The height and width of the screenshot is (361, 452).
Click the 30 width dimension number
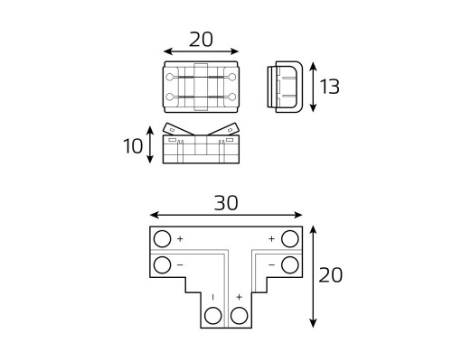pos(226,203)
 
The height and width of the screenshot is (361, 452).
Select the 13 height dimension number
pos(330,87)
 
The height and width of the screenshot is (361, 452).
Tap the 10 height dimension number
pos(133,146)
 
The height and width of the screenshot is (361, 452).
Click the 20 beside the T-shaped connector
pos(331,275)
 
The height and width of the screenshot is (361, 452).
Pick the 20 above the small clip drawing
pos(201,40)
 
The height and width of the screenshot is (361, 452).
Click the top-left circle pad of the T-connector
pos(162,239)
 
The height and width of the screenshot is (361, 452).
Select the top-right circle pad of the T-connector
pos(290,239)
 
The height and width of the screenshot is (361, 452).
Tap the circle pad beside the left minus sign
pos(162,265)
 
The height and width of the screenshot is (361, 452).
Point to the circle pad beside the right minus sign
pos(290,265)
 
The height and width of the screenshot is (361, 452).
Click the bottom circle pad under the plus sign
pos(239,316)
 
